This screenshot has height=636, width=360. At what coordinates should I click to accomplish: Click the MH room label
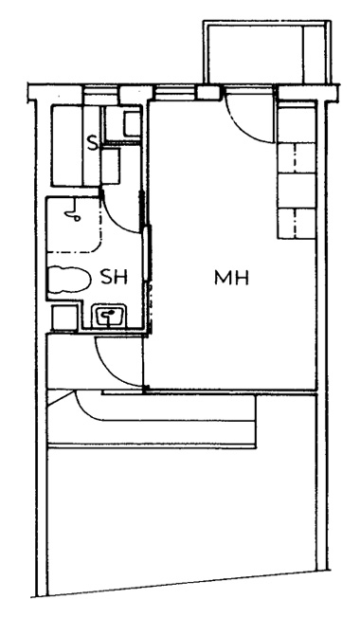coord(231,279)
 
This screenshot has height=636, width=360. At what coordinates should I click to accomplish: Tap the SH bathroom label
coord(114,278)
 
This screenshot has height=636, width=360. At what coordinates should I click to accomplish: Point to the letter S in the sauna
coord(93,143)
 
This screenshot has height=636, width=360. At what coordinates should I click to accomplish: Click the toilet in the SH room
coord(69,279)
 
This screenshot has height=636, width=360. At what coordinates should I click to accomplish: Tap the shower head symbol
coord(73,212)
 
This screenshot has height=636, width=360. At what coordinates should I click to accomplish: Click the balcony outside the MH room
coord(267,53)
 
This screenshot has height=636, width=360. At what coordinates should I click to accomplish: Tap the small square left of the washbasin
coord(64,318)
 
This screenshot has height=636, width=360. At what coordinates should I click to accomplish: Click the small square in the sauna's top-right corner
coord(133,124)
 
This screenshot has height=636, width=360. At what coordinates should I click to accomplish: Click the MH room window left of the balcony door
coord(175,93)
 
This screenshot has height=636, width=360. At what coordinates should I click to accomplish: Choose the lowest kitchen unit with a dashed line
coord(297,224)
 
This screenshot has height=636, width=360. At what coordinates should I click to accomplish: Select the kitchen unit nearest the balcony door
coord(297,122)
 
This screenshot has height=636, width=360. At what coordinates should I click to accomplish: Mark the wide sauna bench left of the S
coord(67,145)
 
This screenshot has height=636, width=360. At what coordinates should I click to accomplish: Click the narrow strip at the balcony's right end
coord(315,53)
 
